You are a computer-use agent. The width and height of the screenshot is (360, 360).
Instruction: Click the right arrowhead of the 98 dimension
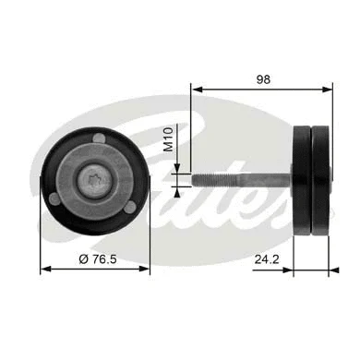(x=330, y=90)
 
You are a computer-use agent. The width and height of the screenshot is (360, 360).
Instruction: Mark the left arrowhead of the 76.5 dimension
(x=43, y=270)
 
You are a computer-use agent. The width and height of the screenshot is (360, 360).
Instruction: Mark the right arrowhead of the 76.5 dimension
(x=147, y=270)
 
